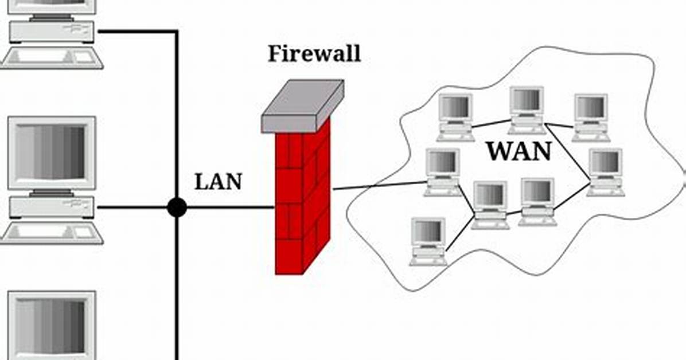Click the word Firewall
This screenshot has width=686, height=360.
[x=314, y=53]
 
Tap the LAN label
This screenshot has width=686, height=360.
[x=218, y=182]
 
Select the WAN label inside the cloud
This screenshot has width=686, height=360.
[x=519, y=151]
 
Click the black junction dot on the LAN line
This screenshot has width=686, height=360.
[x=177, y=208]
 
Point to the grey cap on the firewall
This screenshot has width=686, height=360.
[x=302, y=106]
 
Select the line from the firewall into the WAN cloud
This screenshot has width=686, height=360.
[x=379, y=186]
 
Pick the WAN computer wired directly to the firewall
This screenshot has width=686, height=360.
[x=442, y=173]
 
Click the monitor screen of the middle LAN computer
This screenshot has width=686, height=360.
[x=51, y=151]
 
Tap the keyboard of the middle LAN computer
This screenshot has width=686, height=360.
[x=52, y=232]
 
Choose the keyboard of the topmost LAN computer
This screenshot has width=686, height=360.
[x=52, y=58]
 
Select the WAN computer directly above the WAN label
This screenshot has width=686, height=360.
[x=527, y=110]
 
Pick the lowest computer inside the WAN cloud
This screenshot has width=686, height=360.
[x=428, y=242]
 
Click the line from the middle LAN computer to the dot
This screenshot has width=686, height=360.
[x=132, y=208]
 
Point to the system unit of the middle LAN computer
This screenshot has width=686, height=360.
[x=52, y=207]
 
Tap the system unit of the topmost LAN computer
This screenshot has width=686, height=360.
[x=52, y=32]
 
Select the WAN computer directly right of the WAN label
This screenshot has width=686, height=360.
[x=606, y=173]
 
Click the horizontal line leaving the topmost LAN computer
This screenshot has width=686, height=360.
[x=137, y=32]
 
